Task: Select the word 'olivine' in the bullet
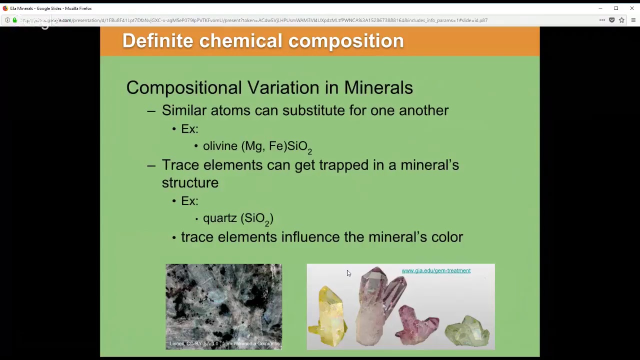point(220,146)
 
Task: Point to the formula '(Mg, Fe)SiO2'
point(276,146)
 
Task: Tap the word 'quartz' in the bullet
point(219,218)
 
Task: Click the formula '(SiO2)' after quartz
point(257,218)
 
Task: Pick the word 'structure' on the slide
point(190,183)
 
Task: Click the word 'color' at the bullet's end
point(447,237)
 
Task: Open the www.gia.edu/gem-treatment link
point(435,270)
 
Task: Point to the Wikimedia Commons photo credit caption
point(224,343)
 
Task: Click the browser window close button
point(631,8)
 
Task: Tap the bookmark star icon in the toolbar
point(621,20)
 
